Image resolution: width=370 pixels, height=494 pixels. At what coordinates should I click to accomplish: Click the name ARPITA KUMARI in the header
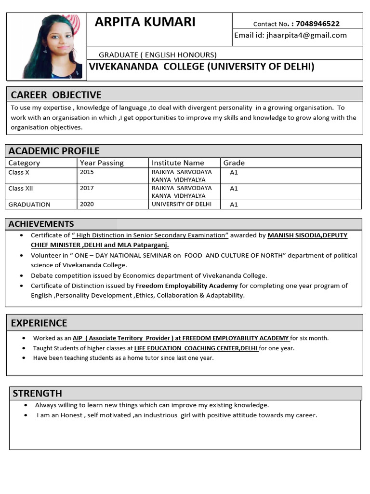tap(145, 22)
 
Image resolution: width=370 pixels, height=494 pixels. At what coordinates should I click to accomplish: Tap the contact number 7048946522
tap(317, 24)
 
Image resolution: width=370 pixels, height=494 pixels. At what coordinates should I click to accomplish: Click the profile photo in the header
tap(54, 46)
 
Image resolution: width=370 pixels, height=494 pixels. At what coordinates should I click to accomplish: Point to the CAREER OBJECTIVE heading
tap(56, 95)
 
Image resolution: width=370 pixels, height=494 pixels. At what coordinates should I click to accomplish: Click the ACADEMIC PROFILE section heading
tap(54, 151)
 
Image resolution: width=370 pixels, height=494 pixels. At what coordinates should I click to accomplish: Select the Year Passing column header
tap(102, 163)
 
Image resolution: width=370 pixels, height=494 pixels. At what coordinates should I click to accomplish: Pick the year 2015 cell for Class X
tap(87, 172)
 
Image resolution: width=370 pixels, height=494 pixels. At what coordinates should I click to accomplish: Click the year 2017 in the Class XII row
tap(87, 188)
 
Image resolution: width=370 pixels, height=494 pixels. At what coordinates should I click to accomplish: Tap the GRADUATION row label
tap(29, 205)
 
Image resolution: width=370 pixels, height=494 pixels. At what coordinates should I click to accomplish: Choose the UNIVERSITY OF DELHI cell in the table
tap(182, 204)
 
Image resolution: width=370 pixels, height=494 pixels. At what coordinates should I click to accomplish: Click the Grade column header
tap(234, 163)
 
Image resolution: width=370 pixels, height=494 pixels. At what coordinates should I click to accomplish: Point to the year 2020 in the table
tap(87, 204)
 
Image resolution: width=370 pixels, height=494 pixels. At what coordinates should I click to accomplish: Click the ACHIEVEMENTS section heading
tap(41, 224)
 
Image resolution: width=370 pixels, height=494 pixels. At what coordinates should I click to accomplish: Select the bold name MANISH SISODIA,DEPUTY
tap(307, 235)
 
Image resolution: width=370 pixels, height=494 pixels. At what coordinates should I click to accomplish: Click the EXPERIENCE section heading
tap(39, 323)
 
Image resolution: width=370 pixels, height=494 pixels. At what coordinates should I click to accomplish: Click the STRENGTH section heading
tap(37, 393)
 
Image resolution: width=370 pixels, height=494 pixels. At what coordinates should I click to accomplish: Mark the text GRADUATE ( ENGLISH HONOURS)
tap(158, 55)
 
